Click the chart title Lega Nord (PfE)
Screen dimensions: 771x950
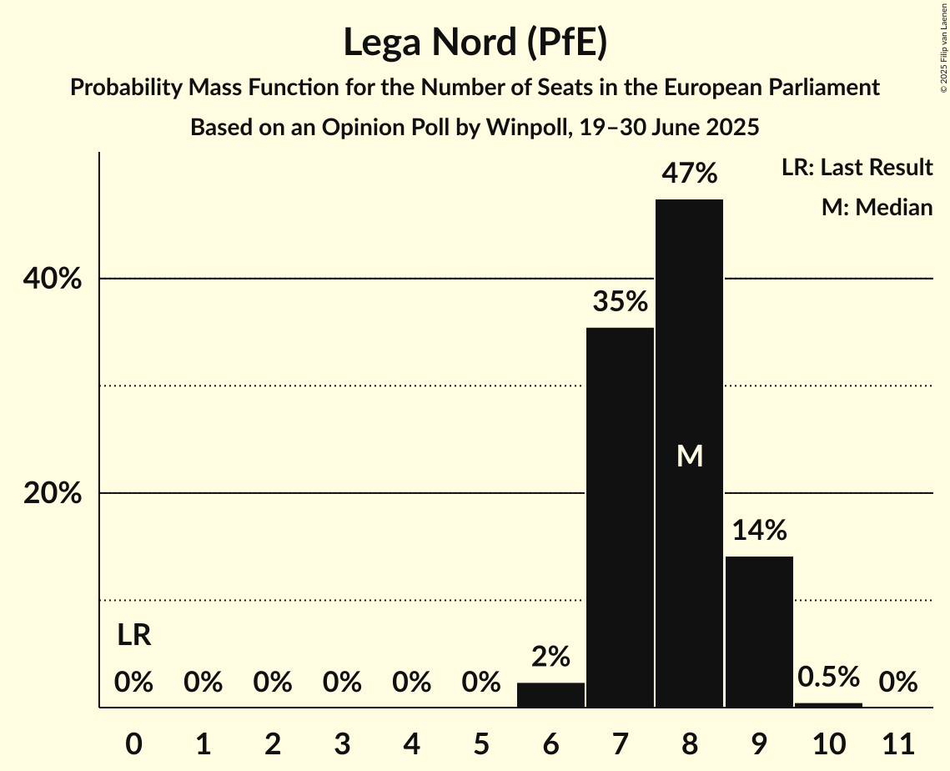coord(475,42)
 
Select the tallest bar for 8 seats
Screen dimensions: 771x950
coord(689,334)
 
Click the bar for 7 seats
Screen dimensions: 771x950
coord(620,517)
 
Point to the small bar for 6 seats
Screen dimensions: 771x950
coord(550,695)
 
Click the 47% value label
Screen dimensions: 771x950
coord(689,174)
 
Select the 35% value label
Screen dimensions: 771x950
coord(620,302)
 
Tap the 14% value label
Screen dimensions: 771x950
coord(758,530)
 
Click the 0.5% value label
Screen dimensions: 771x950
coord(828,677)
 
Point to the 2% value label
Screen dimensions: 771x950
coord(550,657)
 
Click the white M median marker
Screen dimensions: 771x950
coord(690,456)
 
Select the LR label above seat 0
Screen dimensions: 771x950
coord(133,636)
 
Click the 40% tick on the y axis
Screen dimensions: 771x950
coord(53,279)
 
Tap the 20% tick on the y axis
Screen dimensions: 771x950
coord(53,493)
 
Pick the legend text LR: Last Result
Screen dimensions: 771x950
coord(857,168)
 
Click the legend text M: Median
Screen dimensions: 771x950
coord(877,207)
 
